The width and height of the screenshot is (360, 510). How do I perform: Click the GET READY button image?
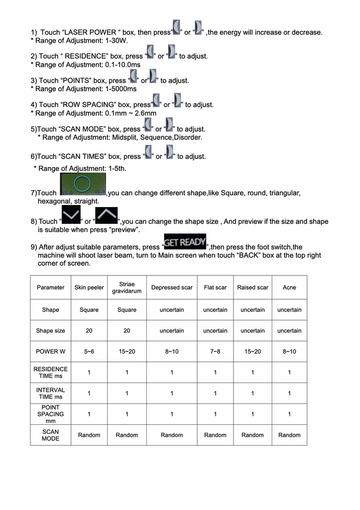coord(185,241)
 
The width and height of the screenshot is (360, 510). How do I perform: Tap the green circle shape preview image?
coord(83,184)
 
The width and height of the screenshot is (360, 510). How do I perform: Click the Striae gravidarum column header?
coord(127,288)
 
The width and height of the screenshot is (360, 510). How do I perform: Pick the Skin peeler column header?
coord(89,288)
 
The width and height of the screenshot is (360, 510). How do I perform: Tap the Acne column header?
coord(289,288)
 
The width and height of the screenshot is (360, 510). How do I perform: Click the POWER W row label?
coord(50,352)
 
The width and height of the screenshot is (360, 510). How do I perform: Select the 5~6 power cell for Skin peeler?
coord(89,352)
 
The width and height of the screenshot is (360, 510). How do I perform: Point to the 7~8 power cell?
coord(215,352)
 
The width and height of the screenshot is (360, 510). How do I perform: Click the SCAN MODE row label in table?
coord(50,435)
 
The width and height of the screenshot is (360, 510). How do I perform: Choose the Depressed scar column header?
coord(172,288)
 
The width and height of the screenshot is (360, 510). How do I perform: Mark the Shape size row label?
coord(50,331)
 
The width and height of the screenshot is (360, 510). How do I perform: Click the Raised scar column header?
coord(252,288)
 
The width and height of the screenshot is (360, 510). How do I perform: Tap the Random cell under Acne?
coord(289,435)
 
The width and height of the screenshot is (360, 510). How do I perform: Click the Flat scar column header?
coord(215,288)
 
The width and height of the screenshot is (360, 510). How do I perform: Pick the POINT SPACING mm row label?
coord(50,414)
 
